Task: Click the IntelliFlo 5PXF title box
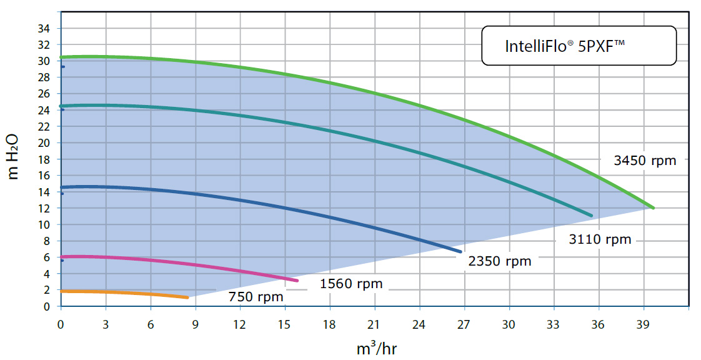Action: point(579,46)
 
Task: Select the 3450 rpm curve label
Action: point(645,161)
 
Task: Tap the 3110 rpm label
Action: point(600,239)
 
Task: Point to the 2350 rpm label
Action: point(500,261)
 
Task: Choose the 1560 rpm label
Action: point(350,284)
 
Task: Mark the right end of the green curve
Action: point(653,207)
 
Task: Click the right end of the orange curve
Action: point(187,297)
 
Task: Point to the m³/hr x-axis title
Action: point(376,347)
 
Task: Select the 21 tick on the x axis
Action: point(375,324)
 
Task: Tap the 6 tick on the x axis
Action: point(151,324)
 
